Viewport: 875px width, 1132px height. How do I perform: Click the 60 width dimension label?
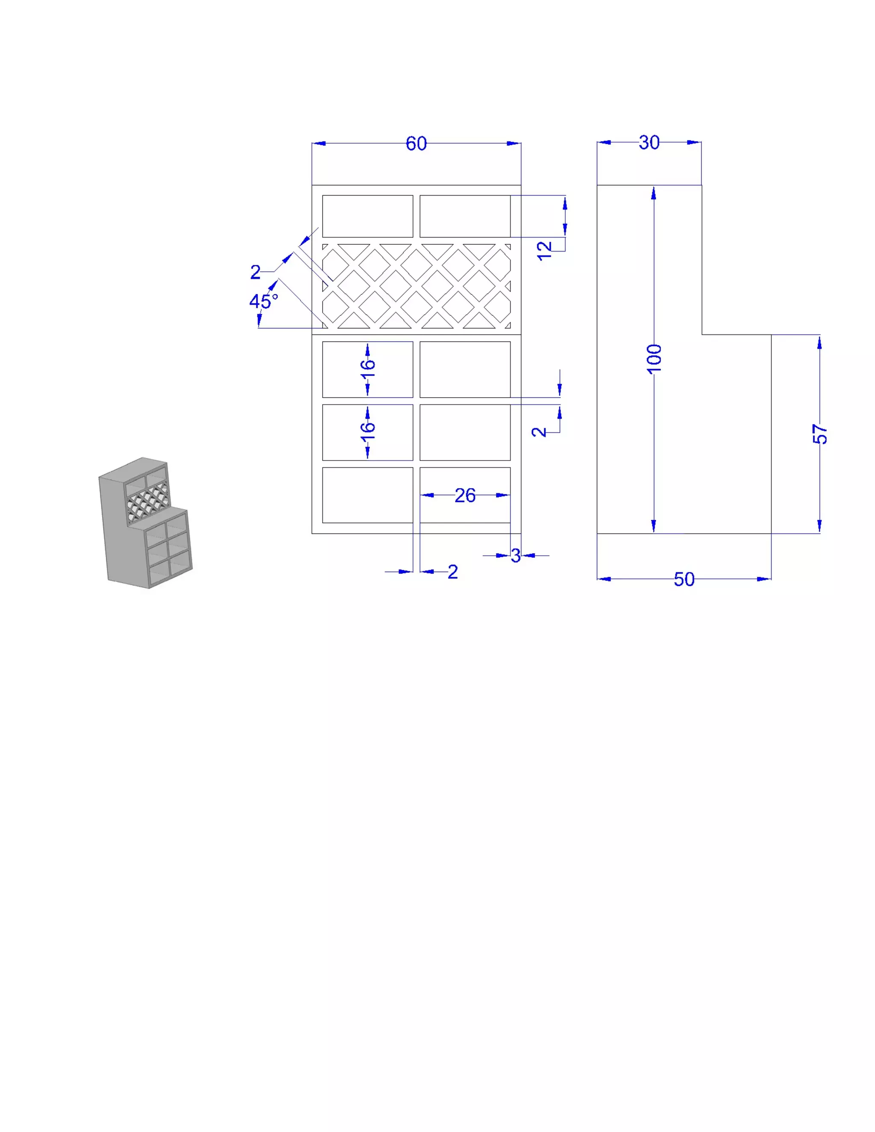[416, 144]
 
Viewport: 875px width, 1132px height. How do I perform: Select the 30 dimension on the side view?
[649, 143]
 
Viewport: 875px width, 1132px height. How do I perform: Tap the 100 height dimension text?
[654, 358]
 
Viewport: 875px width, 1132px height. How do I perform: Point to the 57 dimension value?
[820, 434]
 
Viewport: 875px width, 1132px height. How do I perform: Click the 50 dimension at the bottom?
[684, 579]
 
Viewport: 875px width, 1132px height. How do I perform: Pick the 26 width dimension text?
[465, 496]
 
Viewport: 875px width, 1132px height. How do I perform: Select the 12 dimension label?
[544, 251]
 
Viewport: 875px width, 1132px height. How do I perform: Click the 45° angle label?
[263, 301]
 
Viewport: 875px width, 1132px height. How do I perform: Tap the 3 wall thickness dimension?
[515, 556]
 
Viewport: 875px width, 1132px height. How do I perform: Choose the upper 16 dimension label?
[367, 369]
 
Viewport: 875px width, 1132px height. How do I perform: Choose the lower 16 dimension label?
[367, 431]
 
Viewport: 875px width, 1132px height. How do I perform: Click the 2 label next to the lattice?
[255, 272]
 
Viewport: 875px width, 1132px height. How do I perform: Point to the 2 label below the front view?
[452, 572]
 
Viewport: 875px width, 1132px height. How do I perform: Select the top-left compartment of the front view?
[367, 216]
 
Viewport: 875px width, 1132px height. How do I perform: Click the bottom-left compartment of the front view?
[367, 495]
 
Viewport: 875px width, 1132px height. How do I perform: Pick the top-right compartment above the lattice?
[464, 216]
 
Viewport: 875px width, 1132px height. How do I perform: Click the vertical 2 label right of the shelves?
[539, 432]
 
